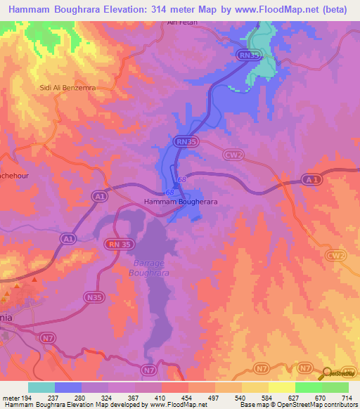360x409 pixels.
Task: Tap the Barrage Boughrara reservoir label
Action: [x=148, y=268]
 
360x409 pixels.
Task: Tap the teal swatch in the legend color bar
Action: [x=41, y=387]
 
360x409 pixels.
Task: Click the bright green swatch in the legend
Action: [x=309, y=387]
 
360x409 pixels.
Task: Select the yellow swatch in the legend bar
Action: [x=282, y=387]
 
